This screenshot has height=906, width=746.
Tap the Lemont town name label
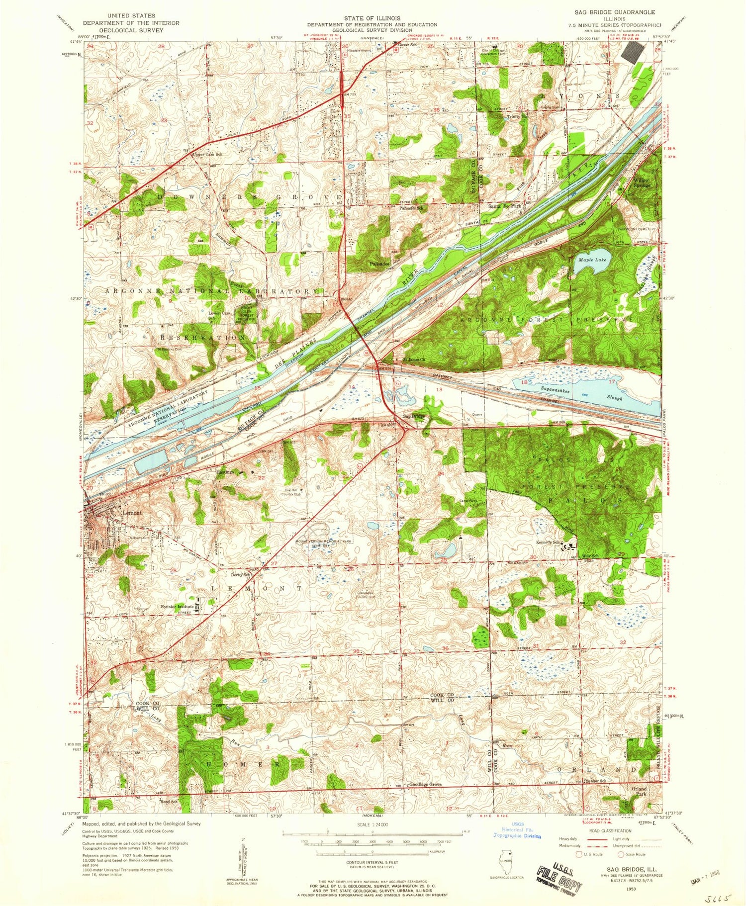132,513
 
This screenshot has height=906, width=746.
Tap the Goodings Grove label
425,785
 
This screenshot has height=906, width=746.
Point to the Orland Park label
639,792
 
